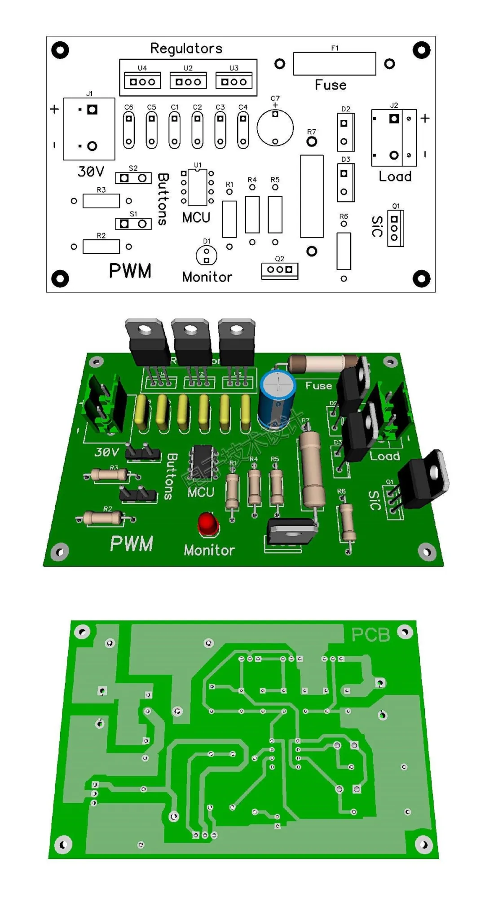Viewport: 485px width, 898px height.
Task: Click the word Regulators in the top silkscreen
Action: click(186, 48)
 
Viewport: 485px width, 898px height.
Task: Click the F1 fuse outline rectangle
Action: click(334, 64)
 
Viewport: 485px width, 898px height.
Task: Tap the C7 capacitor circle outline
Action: click(275, 128)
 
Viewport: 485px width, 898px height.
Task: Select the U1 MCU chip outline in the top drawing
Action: click(197, 187)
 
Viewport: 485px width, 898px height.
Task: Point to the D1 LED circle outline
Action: click(207, 255)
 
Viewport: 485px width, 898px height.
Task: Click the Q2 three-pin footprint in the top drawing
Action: click(279, 270)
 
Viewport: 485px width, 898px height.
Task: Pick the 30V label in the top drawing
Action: click(91, 172)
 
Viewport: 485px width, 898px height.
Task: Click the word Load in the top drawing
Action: click(395, 176)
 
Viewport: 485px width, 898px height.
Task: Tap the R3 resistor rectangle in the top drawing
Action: click(101, 201)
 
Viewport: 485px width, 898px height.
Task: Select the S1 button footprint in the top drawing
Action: click(133, 224)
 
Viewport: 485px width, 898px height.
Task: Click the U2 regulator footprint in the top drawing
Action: click(188, 81)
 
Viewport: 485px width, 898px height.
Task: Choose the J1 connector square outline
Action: click(89, 129)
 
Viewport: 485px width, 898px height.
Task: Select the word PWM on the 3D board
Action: click(132, 543)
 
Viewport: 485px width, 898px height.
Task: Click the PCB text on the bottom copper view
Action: click(370, 634)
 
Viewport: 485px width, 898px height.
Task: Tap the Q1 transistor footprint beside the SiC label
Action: click(395, 228)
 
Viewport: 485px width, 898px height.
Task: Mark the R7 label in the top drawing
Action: click(312, 132)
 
